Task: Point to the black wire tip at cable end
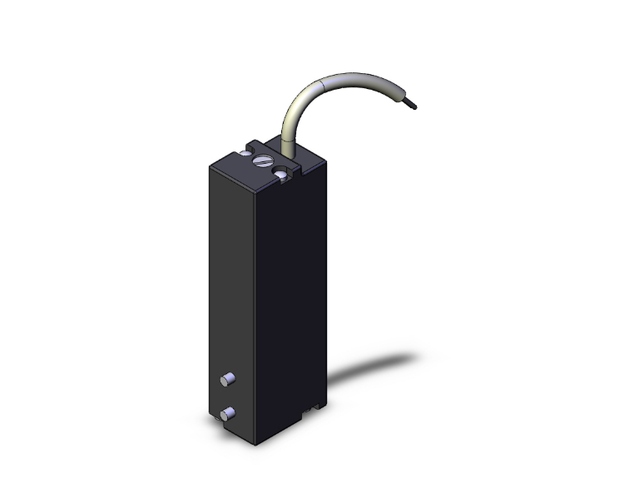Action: (413, 106)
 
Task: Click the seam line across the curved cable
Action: (323, 86)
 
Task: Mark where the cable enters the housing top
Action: (289, 150)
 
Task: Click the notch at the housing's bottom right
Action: (314, 407)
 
